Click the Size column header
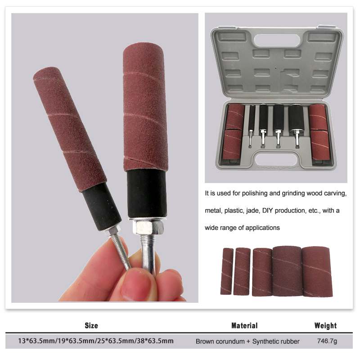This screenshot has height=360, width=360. (91, 325)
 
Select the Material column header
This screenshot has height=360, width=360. (244, 325)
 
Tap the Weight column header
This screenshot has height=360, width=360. (325, 325)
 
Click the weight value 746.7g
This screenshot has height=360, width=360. (327, 341)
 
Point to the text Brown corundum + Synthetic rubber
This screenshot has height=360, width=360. (247, 342)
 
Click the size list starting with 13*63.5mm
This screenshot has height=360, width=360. (96, 341)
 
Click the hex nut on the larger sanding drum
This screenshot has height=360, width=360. (148, 227)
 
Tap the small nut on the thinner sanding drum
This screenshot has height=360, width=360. (112, 231)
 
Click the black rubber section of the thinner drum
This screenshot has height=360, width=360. (102, 207)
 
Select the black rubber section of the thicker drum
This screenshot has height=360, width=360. (147, 193)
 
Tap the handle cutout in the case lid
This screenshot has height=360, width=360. (277, 40)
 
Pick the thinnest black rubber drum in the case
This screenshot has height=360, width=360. (252, 118)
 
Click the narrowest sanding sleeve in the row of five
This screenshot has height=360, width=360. (227, 271)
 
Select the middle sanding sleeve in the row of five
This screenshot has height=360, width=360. (262, 272)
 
